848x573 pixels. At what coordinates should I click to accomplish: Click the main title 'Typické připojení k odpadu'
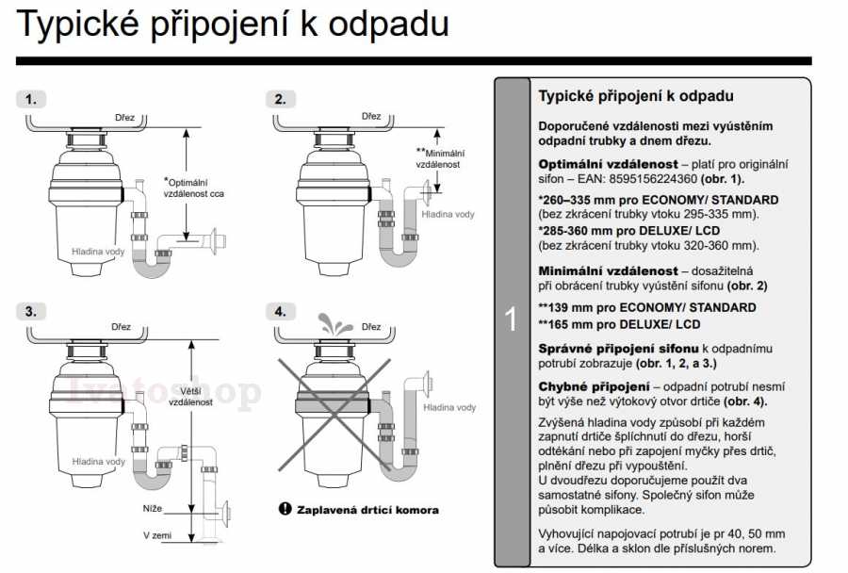(x=233, y=25)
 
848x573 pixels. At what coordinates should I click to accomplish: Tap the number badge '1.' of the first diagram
(x=32, y=98)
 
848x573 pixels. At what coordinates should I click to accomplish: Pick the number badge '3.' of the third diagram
(x=32, y=310)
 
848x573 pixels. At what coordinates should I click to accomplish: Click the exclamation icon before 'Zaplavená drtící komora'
(x=285, y=509)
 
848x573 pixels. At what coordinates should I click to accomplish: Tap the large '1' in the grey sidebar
(x=512, y=320)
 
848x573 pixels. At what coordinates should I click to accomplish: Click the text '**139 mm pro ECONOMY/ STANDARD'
(x=646, y=307)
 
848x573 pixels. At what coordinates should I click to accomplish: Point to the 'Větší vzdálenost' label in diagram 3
(x=189, y=395)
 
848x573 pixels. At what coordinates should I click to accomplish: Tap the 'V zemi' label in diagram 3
(x=158, y=535)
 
